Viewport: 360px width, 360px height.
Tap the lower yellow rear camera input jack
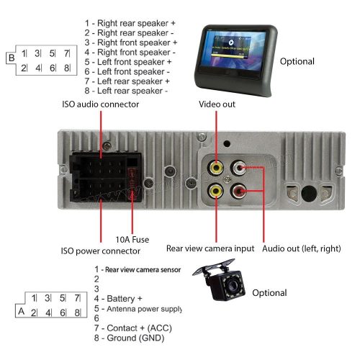[x=215, y=192]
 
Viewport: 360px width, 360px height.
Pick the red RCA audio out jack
[x=238, y=192]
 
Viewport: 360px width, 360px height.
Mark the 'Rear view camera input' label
[x=210, y=248]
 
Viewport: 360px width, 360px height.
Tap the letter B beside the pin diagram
[x=10, y=57]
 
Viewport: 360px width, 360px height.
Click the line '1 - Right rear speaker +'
[x=130, y=23]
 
